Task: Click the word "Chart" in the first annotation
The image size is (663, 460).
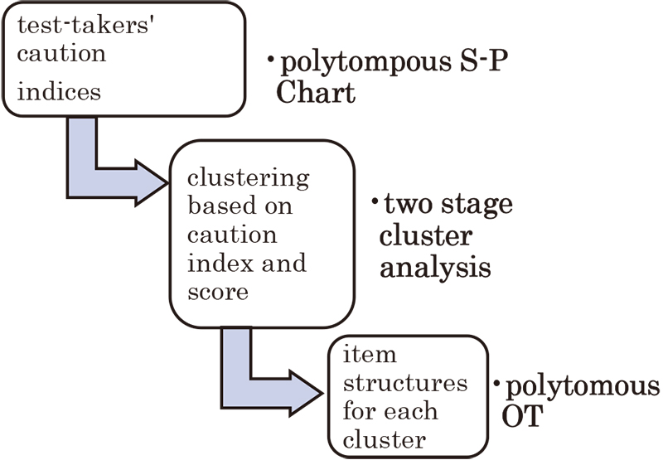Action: pyautogui.click(x=315, y=92)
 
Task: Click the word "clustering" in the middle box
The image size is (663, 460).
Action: pyautogui.click(x=249, y=177)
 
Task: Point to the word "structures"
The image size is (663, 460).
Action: pyautogui.click(x=405, y=383)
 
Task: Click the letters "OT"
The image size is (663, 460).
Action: pyautogui.click(x=522, y=416)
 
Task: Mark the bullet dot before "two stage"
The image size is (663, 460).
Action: pyautogui.click(x=375, y=201)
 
